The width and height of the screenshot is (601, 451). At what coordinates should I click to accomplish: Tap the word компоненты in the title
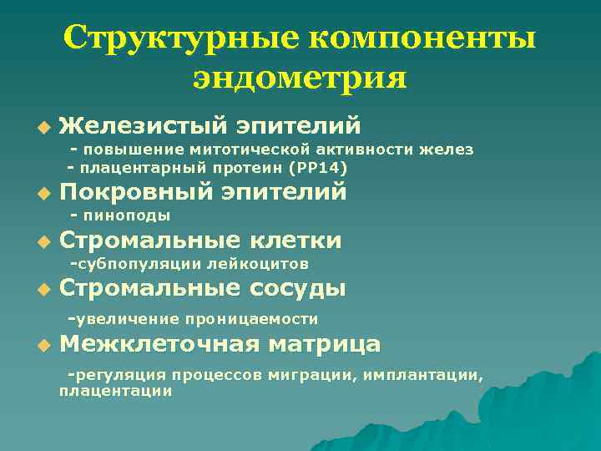(x=423, y=38)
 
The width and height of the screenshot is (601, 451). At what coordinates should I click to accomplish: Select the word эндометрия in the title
(x=300, y=79)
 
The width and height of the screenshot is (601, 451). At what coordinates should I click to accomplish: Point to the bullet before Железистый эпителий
(x=43, y=127)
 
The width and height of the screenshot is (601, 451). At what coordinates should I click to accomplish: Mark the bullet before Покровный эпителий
(x=43, y=194)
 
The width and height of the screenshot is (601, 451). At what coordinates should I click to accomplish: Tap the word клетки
(x=295, y=241)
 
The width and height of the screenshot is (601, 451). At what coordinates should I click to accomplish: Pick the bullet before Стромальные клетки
(x=43, y=242)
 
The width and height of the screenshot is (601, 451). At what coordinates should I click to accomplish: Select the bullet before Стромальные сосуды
(x=43, y=291)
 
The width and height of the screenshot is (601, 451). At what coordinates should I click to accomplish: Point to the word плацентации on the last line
(x=115, y=390)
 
